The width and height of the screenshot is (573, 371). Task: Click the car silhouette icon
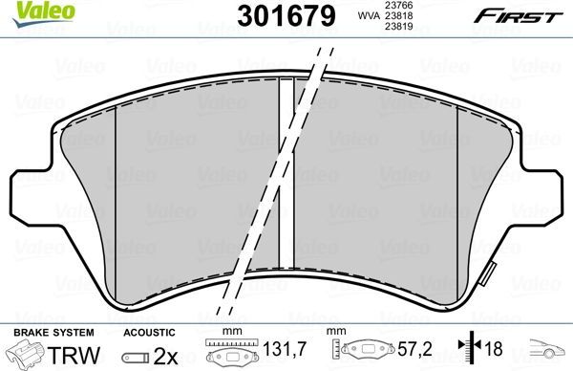[x=544, y=350]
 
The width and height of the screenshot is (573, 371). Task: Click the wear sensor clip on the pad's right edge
[x=491, y=270]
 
